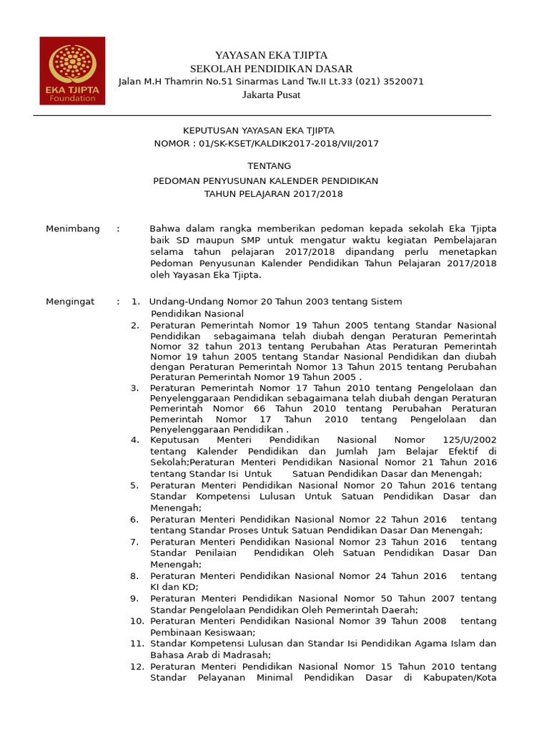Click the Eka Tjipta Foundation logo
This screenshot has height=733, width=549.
[x=71, y=70]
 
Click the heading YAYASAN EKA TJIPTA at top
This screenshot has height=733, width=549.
[x=271, y=56]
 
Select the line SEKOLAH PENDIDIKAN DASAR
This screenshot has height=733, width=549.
[x=271, y=69]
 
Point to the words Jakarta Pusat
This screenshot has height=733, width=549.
[x=271, y=94]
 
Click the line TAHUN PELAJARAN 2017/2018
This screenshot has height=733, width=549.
[x=273, y=194]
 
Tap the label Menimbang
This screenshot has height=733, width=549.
[x=73, y=229]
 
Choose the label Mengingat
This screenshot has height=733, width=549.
[x=70, y=302]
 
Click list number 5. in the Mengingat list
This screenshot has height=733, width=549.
[x=134, y=485]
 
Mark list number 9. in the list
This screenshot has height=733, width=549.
[x=134, y=598]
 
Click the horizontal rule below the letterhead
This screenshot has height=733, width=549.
[x=262, y=115]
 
